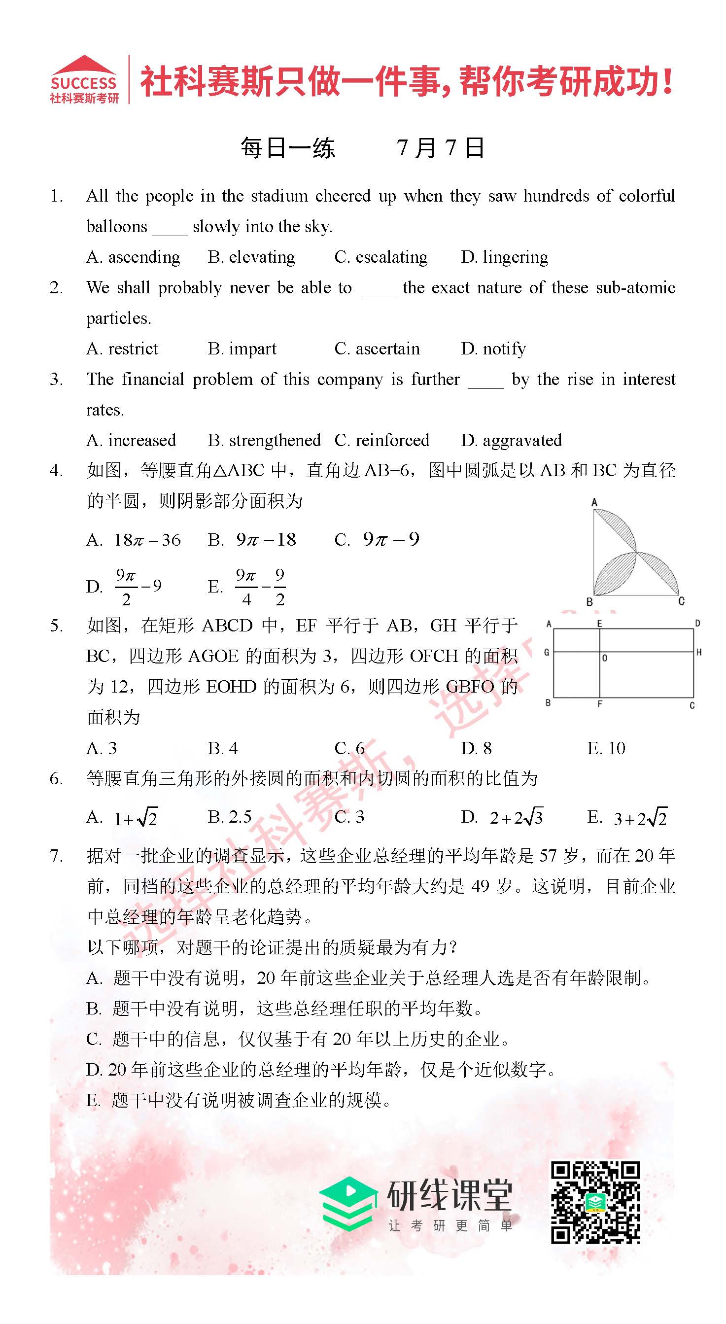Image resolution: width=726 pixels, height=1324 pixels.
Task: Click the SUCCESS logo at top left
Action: (84, 79)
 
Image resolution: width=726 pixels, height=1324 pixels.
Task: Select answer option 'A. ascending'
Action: (133, 257)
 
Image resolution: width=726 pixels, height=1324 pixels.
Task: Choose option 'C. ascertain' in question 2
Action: (377, 349)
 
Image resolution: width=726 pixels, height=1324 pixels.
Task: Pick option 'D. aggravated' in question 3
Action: (511, 441)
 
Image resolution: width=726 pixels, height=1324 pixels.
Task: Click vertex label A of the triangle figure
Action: (594, 502)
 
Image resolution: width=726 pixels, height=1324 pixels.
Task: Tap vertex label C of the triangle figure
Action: (681, 601)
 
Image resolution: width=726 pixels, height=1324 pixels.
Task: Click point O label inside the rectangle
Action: (605, 658)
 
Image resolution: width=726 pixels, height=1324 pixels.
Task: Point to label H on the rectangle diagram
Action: (699, 652)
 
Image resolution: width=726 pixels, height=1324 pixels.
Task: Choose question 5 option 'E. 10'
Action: (606, 748)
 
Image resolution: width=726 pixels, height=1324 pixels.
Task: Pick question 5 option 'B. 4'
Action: (222, 748)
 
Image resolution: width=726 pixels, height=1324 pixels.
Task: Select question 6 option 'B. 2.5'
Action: (230, 817)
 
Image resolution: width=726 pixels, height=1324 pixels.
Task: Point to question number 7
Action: (56, 856)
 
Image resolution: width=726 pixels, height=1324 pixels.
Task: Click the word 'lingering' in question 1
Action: (516, 257)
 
